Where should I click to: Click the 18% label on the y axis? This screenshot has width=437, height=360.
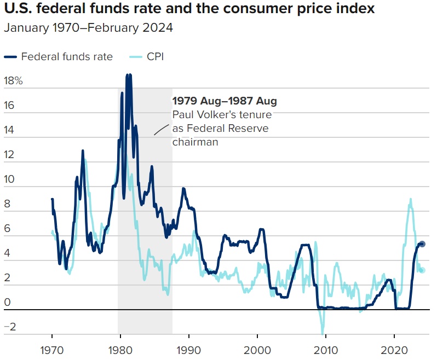pyautogui.click(x=13, y=81)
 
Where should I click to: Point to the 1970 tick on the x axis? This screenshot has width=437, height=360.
pyautogui.click(x=52, y=349)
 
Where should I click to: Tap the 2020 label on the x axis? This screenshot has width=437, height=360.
pyautogui.click(x=394, y=349)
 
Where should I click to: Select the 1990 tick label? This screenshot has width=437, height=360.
pyautogui.click(x=189, y=349)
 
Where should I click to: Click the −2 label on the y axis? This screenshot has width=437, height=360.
pyautogui.click(x=10, y=327)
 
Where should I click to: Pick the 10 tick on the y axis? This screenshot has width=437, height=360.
pyautogui.click(x=10, y=179)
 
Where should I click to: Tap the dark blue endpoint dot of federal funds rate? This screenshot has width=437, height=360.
pyautogui.click(x=422, y=244)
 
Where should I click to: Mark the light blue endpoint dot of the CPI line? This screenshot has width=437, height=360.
pyautogui.click(x=422, y=270)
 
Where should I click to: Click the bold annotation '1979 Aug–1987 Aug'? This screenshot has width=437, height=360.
pyautogui.click(x=225, y=101)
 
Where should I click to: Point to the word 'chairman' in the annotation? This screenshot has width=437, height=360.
pyautogui.click(x=196, y=142)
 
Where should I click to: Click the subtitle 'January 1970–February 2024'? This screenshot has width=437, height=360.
pyautogui.click(x=88, y=28)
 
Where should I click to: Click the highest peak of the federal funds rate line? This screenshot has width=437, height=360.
pyautogui.click(x=128, y=75)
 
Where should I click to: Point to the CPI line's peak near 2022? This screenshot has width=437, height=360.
pyautogui.click(x=411, y=199)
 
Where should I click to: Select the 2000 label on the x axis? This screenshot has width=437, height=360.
pyautogui.click(x=257, y=349)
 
